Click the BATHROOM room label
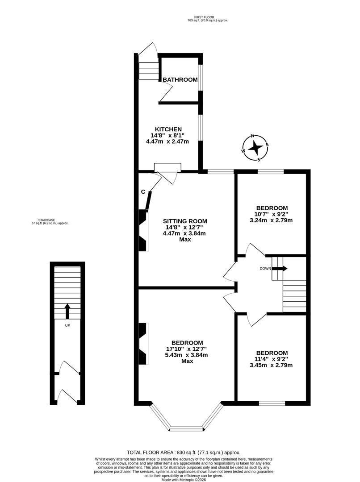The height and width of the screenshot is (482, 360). (x=180, y=80)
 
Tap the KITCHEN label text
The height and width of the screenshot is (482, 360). (x=168, y=129)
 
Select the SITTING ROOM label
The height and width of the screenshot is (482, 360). (x=185, y=221)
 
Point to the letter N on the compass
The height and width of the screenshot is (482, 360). (x=252, y=137)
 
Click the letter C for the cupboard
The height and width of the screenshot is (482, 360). (x=143, y=192)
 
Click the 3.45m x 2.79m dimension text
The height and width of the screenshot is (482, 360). (x=272, y=365)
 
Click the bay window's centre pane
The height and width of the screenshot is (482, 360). (x=187, y=429)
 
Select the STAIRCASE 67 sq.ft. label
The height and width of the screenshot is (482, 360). (x=50, y=221)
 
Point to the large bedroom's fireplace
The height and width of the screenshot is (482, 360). (x=143, y=344)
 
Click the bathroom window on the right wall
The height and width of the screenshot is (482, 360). (x=201, y=78)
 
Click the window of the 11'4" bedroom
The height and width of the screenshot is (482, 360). (x=272, y=403)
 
